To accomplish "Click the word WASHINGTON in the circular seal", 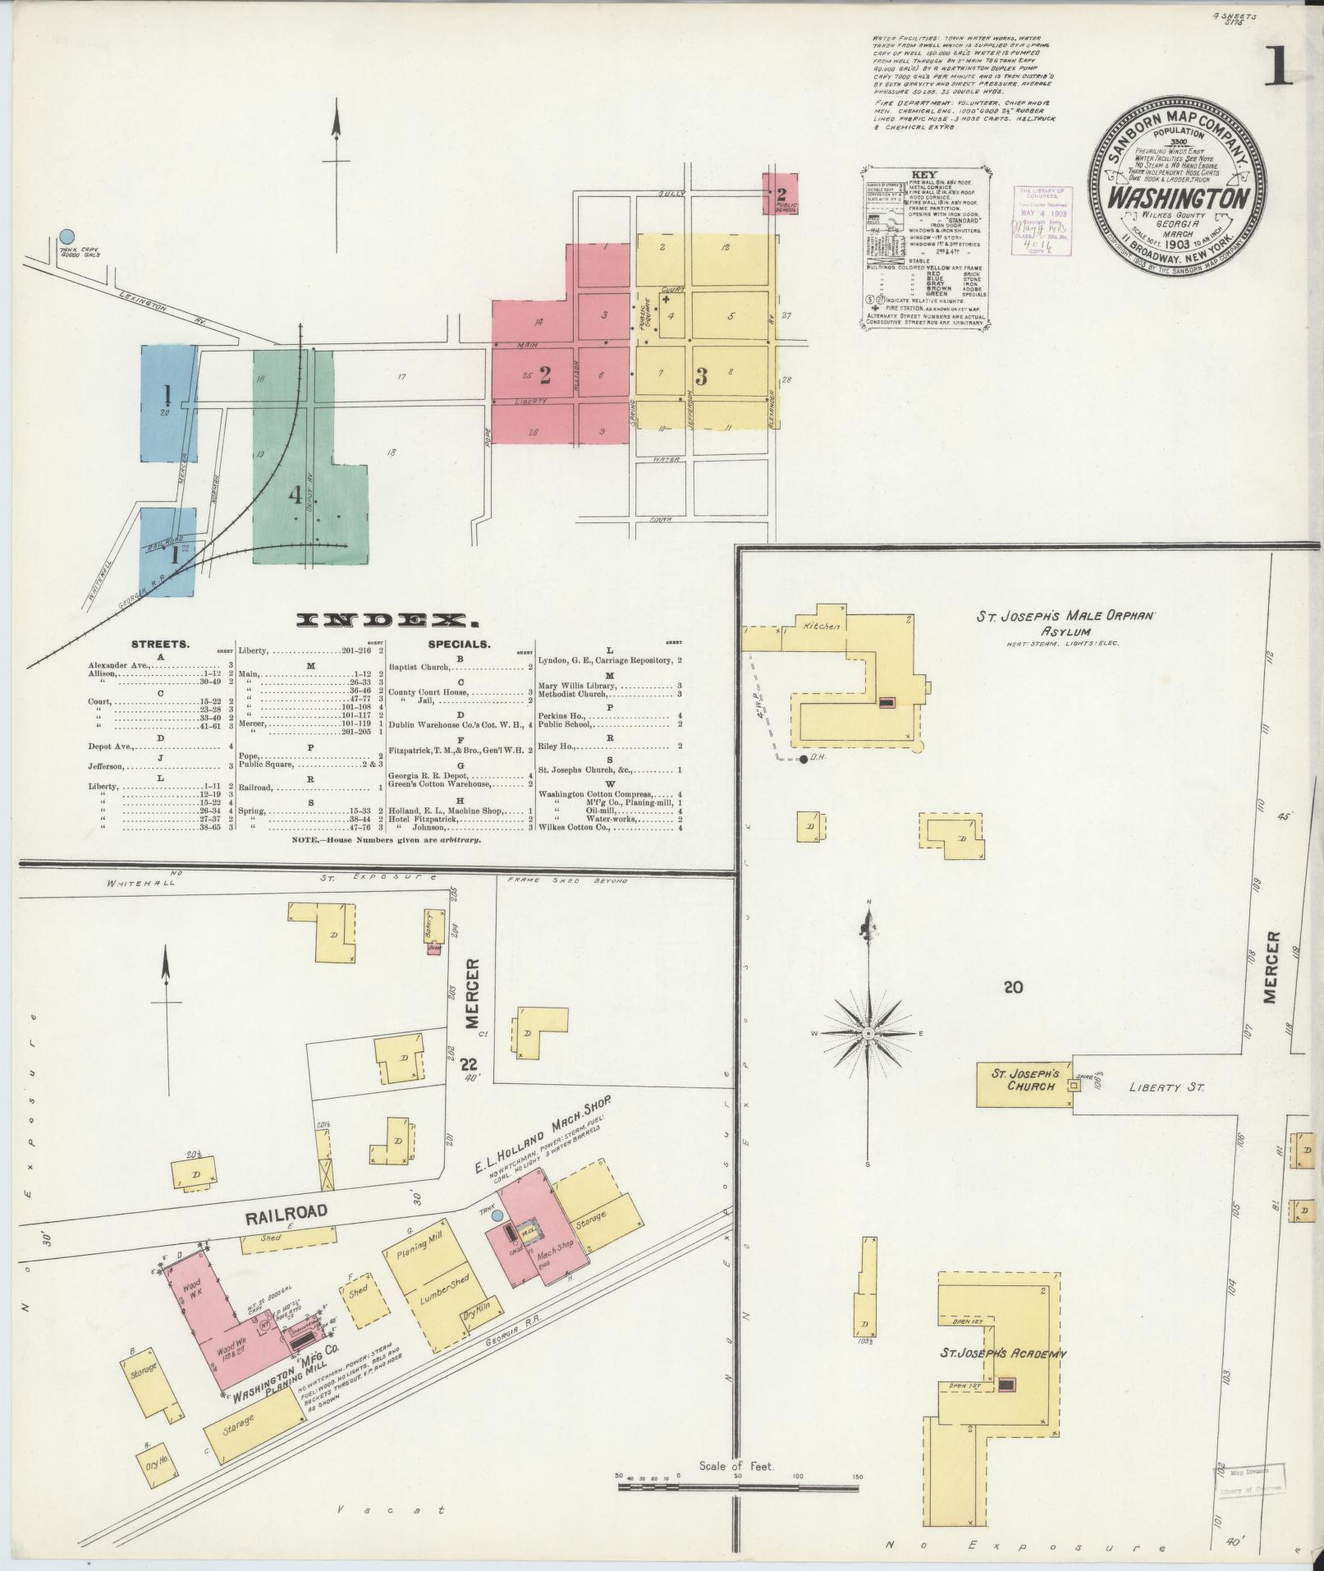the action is (1179, 200).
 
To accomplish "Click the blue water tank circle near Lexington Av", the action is (67, 237).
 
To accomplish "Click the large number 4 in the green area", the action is (295, 496).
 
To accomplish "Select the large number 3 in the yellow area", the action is (701, 377).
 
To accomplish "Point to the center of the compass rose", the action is (868, 1031).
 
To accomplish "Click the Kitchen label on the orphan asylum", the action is (822, 627).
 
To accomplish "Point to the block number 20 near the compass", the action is (1013, 987).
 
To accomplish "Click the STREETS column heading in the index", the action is (160, 645).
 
